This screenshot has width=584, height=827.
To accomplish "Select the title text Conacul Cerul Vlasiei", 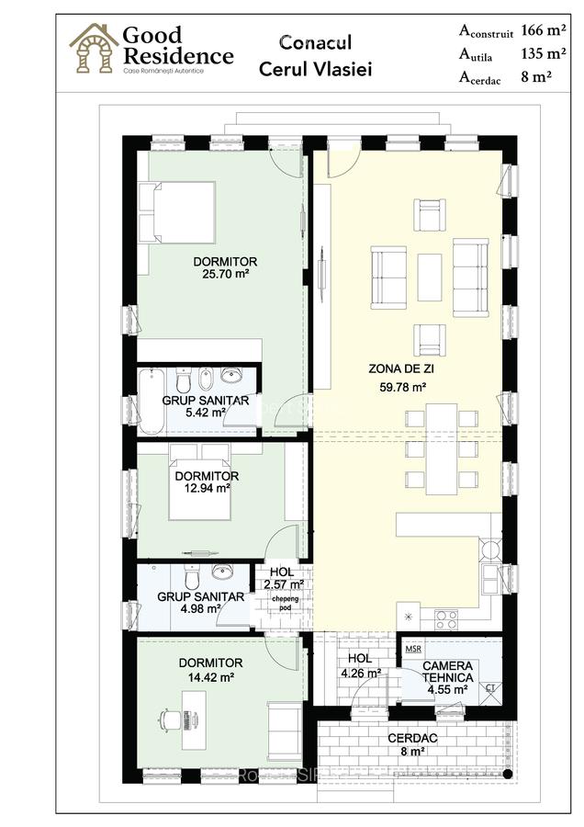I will pyautogui.click(x=315, y=56).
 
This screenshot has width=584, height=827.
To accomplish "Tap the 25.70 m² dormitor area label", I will pyautogui.click(x=225, y=274).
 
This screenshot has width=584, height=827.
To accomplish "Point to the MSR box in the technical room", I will pyautogui.click(x=413, y=649).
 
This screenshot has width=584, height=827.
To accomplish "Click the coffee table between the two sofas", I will pyautogui.click(x=430, y=278).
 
